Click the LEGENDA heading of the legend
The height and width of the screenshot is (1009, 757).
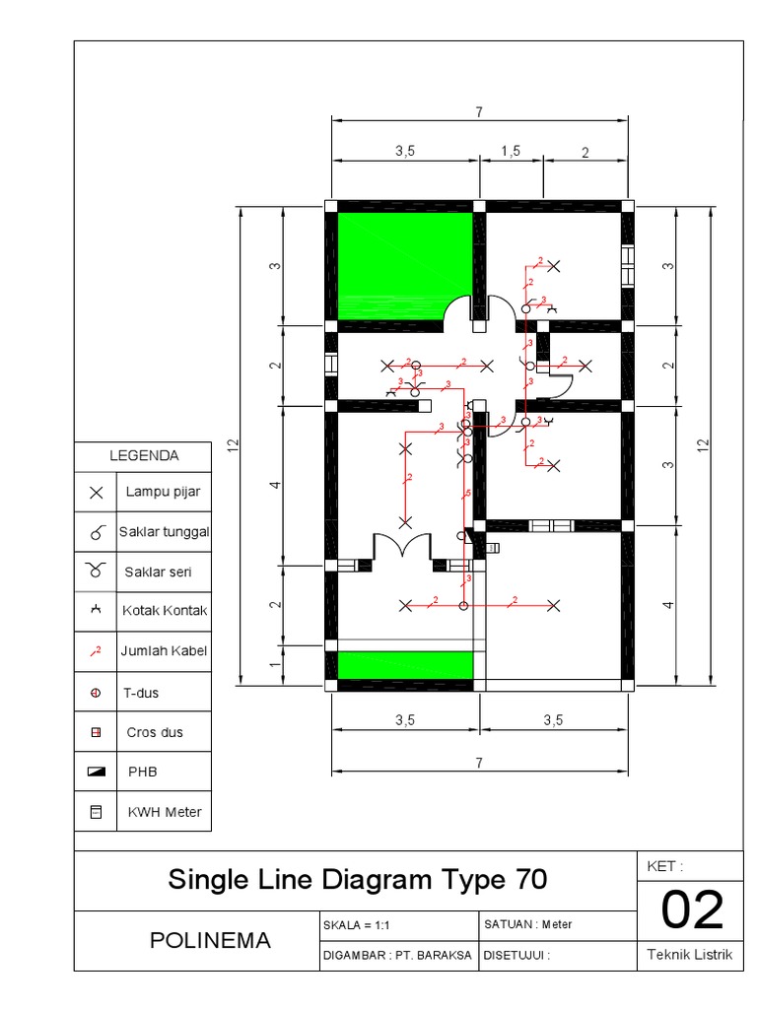(143, 456)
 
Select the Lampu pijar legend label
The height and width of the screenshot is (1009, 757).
(162, 492)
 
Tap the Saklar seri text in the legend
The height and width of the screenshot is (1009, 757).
(158, 572)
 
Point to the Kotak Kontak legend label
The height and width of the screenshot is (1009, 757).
(165, 611)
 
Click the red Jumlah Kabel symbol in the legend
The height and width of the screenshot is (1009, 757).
(96, 651)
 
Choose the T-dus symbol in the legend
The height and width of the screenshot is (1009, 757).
(96, 693)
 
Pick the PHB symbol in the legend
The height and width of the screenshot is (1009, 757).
(96, 773)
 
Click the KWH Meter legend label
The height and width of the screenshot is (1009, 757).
(164, 812)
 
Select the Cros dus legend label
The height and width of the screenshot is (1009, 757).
(155, 732)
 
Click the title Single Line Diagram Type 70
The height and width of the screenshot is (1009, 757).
(357, 879)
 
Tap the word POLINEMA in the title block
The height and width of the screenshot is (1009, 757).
(210, 940)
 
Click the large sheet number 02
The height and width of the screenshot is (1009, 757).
(692, 910)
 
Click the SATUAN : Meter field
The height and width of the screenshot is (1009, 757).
(528, 924)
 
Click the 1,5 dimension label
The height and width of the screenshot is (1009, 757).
(510, 152)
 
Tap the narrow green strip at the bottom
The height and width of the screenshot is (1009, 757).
(405, 665)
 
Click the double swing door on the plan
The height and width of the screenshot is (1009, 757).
(401, 548)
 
